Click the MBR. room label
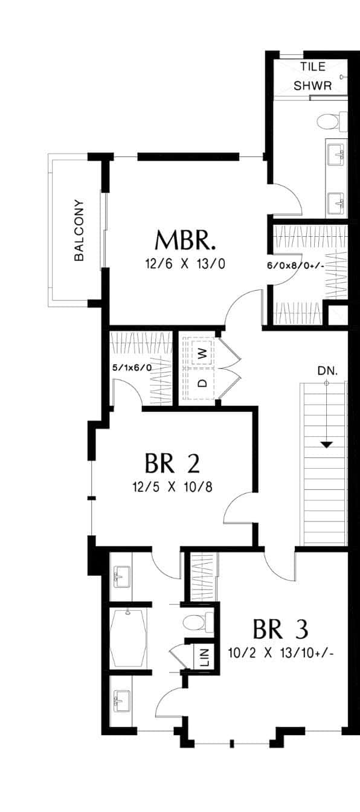click(x=185, y=240)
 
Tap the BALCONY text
click(x=79, y=230)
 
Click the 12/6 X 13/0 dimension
click(x=185, y=264)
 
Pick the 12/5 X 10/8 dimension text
click(x=173, y=487)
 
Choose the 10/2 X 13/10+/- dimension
click(x=281, y=653)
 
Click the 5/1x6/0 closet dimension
click(x=132, y=368)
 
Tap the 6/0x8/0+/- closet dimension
click(x=295, y=266)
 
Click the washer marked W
click(x=202, y=352)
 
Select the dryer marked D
click(x=203, y=383)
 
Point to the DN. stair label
click(x=327, y=371)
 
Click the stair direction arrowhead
click(x=327, y=445)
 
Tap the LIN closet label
click(x=205, y=655)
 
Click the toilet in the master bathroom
click(x=332, y=121)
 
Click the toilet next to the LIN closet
click(x=199, y=622)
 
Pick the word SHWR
click(x=312, y=86)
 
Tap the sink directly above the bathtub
click(x=122, y=578)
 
